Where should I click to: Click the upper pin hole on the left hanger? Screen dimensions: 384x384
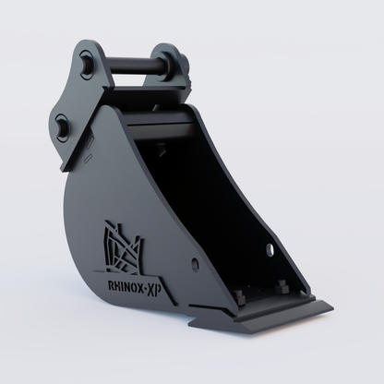tap(86, 66)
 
